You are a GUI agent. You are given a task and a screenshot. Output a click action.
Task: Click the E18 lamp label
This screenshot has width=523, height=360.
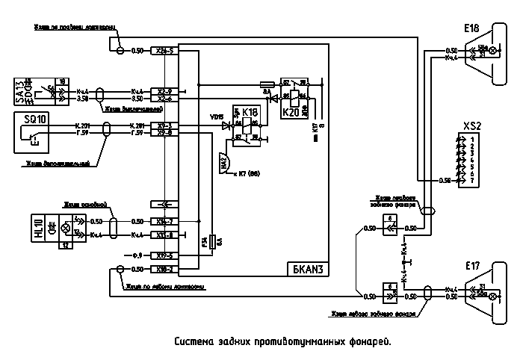click(x=471, y=28)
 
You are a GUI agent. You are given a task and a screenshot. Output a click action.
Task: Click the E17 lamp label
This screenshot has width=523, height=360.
click(x=472, y=265)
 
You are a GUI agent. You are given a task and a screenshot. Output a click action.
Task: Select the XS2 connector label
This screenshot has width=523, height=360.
click(x=471, y=125)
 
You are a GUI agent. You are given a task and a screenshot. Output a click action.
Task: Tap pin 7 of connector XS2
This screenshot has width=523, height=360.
click(x=473, y=181)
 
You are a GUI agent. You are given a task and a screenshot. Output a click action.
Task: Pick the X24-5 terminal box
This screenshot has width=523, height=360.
click(x=162, y=51)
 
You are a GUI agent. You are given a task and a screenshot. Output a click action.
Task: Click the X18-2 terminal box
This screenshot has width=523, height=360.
click(x=162, y=269)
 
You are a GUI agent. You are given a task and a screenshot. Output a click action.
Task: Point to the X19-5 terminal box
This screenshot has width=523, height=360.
click(x=162, y=255)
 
